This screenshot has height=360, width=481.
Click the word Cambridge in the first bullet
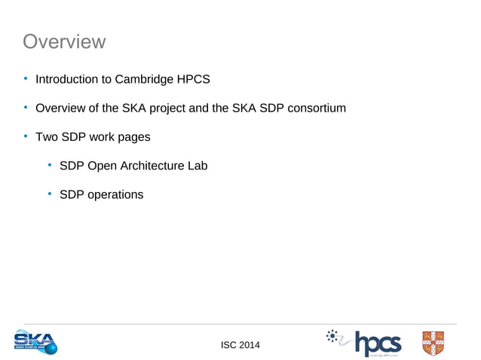(x=149, y=79)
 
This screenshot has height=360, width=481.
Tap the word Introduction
(x=69, y=79)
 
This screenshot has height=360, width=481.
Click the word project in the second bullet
(x=166, y=108)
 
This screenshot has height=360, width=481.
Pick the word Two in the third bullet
(x=47, y=137)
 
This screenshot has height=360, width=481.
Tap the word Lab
(x=197, y=166)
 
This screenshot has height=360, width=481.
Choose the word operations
(x=115, y=194)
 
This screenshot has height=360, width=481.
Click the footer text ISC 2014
(x=240, y=345)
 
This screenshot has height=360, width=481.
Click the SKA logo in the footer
(x=35, y=342)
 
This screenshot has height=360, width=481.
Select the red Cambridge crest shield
(x=433, y=342)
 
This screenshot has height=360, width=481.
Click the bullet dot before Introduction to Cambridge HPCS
(x=24, y=79)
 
